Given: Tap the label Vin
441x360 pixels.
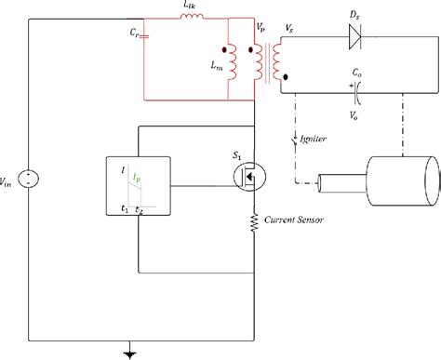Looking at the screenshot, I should pos(10,178).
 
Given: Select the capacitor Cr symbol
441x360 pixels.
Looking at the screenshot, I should pos(144,40).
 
